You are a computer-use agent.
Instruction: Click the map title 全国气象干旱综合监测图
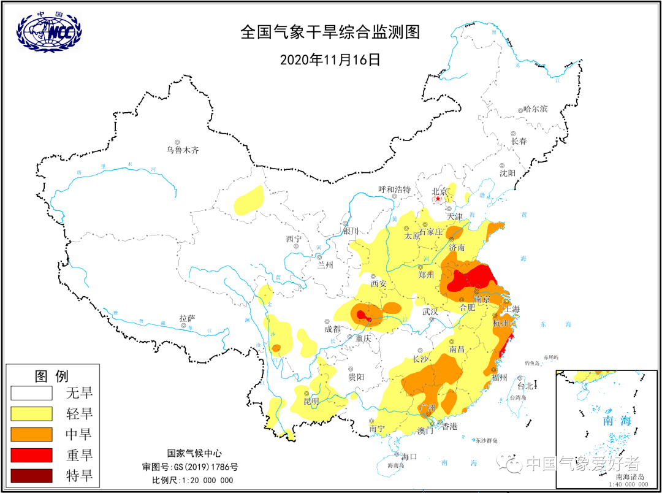tap(330, 32)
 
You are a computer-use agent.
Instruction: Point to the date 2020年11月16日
tap(330, 59)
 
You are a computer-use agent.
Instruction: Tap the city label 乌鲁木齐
tap(183, 150)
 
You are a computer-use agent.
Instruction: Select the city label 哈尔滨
tap(535, 109)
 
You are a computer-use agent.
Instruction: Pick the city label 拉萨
tap(187, 318)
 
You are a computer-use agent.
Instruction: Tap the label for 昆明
tap(311, 401)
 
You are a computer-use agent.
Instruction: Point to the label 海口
tap(409, 456)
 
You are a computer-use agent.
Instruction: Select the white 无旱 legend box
tap(31, 392)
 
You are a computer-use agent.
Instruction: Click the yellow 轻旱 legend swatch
tap(31, 413)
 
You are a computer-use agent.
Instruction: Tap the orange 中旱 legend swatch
tap(31, 434)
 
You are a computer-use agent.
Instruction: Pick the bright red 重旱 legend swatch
tap(31, 455)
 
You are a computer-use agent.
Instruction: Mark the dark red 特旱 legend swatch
tap(31, 476)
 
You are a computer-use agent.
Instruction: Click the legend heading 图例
tap(51, 375)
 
